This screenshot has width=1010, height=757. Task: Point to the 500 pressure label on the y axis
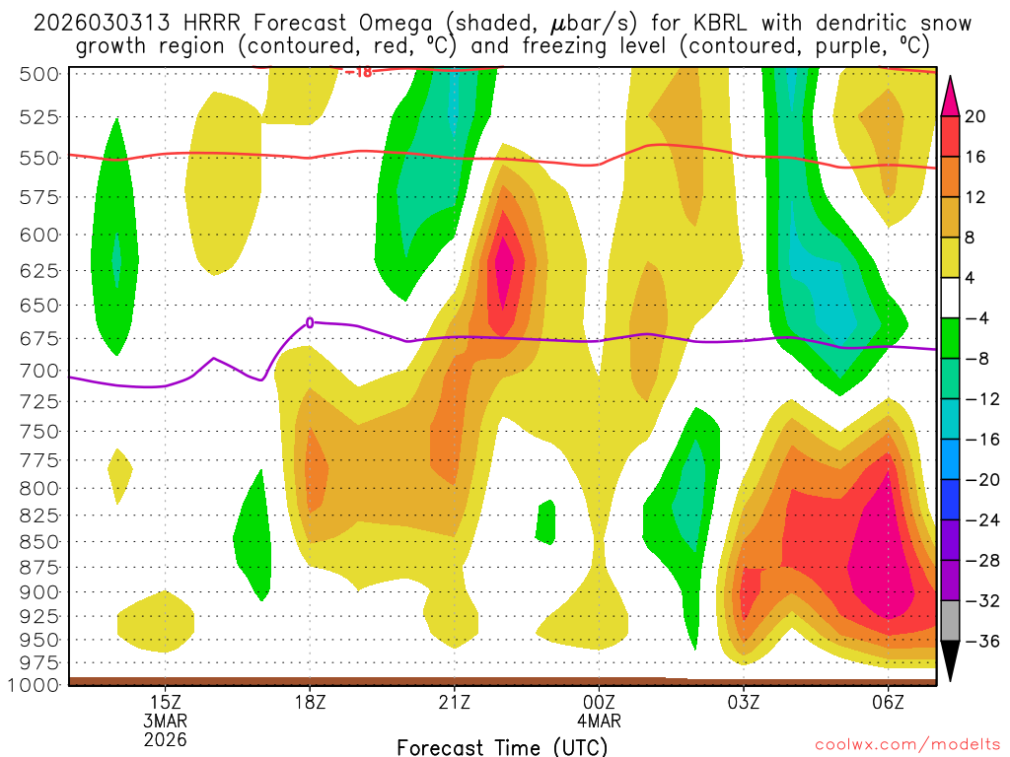[40, 74]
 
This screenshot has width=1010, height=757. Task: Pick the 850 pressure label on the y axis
[40, 541]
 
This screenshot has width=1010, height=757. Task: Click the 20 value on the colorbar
[975, 116]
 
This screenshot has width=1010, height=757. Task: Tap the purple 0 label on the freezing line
[310, 322]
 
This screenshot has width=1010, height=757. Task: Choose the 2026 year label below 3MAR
[165, 738]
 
